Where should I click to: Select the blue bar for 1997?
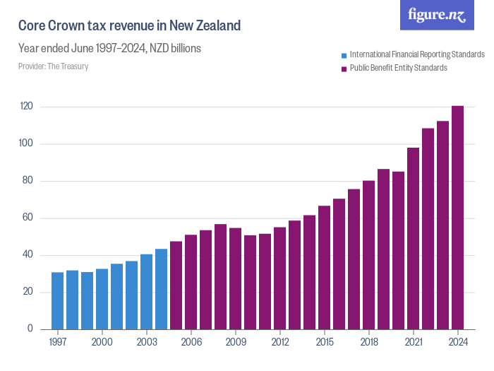(x=57, y=301)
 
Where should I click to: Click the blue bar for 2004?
(x=161, y=289)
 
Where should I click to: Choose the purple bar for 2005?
(x=176, y=285)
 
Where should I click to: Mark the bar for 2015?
(x=324, y=268)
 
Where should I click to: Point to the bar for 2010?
(x=250, y=283)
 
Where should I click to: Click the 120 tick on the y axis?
(x=26, y=107)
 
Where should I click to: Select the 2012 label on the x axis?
(x=279, y=342)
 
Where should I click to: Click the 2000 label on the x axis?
(x=102, y=342)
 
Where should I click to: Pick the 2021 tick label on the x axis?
(x=413, y=342)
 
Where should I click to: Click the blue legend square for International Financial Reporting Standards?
(x=344, y=54)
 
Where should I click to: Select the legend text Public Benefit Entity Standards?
(x=398, y=68)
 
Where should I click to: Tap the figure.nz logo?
(x=437, y=15)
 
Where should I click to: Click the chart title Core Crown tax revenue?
(x=129, y=26)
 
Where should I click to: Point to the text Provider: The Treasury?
(x=53, y=66)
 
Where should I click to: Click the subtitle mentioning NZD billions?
(x=109, y=49)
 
